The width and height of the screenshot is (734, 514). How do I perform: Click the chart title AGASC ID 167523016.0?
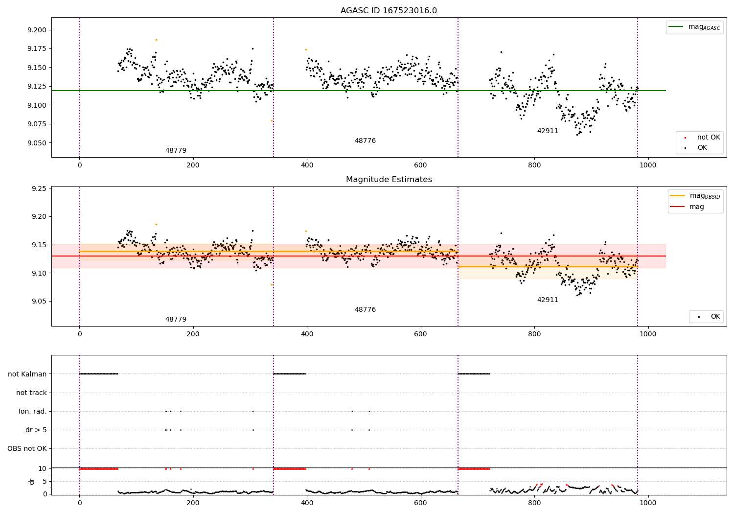click(389, 11)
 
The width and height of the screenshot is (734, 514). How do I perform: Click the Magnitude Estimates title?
click(389, 180)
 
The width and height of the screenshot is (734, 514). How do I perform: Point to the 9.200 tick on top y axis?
click(37, 30)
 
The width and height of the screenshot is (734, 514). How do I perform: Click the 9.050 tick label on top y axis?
click(37, 143)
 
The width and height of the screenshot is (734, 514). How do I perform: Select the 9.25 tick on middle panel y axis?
click(39, 189)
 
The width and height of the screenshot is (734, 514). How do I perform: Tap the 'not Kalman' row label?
click(27, 374)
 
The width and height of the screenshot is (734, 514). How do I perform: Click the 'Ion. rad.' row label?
click(33, 412)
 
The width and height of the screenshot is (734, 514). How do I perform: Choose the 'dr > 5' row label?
click(36, 430)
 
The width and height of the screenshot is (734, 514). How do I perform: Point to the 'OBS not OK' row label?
click(27, 449)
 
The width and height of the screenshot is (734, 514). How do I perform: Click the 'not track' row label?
click(31, 393)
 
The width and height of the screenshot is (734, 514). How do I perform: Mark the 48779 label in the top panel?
click(176, 151)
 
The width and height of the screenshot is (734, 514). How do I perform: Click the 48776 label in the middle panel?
click(365, 310)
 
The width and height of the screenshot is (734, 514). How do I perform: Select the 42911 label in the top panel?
click(548, 131)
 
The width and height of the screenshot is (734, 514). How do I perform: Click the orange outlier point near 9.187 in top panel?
click(156, 40)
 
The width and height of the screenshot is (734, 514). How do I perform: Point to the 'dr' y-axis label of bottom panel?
click(32, 481)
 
